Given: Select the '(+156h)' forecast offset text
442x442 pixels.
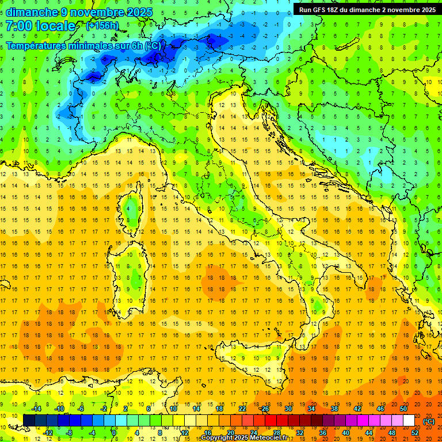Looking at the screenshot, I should (x=102, y=26).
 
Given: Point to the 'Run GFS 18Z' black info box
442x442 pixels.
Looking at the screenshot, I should (x=367, y=10).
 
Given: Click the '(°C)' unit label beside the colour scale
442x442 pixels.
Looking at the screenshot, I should (x=429, y=421).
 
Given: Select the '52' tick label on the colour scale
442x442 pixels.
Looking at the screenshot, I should (x=415, y=433).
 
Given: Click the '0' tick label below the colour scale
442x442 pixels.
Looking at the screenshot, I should (x=114, y=433).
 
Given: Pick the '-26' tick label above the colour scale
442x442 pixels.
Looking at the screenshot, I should (x=264, y=409).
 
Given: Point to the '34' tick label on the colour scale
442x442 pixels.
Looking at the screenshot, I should (x=311, y=409).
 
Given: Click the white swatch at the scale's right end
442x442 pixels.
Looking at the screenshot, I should (x=409, y=421).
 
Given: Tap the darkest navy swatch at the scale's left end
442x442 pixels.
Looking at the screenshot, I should (x=29, y=421).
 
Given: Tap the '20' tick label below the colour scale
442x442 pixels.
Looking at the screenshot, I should (x=230, y=433).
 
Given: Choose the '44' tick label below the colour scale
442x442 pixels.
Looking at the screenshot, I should (x=369, y=433).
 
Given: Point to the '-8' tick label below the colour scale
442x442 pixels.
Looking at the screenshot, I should (x=68, y=433).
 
